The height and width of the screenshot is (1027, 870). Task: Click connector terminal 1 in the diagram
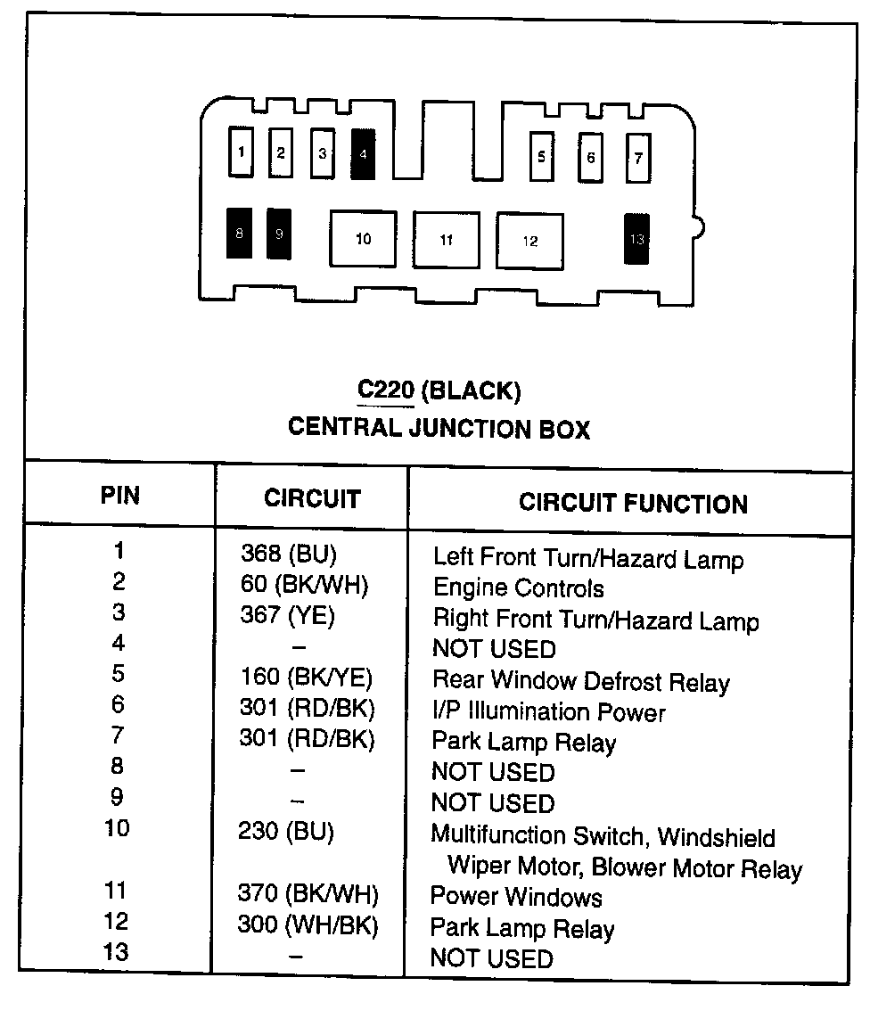point(240,152)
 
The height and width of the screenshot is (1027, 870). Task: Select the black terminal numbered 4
point(363,153)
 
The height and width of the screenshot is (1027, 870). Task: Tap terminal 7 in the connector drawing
point(637,159)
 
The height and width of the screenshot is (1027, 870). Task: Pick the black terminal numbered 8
point(239,234)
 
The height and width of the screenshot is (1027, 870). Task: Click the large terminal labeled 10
point(363,239)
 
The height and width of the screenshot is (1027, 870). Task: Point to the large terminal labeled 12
point(529,241)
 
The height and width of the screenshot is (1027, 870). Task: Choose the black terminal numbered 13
point(636,239)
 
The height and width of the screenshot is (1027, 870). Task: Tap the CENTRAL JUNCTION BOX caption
point(439,428)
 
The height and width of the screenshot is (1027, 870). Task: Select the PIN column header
point(119,496)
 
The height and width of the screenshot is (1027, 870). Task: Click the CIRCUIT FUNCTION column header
point(633,503)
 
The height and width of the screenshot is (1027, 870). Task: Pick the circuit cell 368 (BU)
point(289,555)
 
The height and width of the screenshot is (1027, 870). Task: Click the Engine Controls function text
point(518,588)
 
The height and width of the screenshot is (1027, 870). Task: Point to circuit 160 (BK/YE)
point(306,677)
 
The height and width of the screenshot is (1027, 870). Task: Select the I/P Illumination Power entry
point(548,712)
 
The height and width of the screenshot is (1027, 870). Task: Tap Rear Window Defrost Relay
point(580,682)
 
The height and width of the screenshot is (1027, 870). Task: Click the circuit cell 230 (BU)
point(285,832)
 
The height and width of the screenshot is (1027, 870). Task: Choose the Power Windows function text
point(516,897)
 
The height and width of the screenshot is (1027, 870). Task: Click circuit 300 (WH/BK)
point(308,924)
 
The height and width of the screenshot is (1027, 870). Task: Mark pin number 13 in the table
point(116,952)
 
